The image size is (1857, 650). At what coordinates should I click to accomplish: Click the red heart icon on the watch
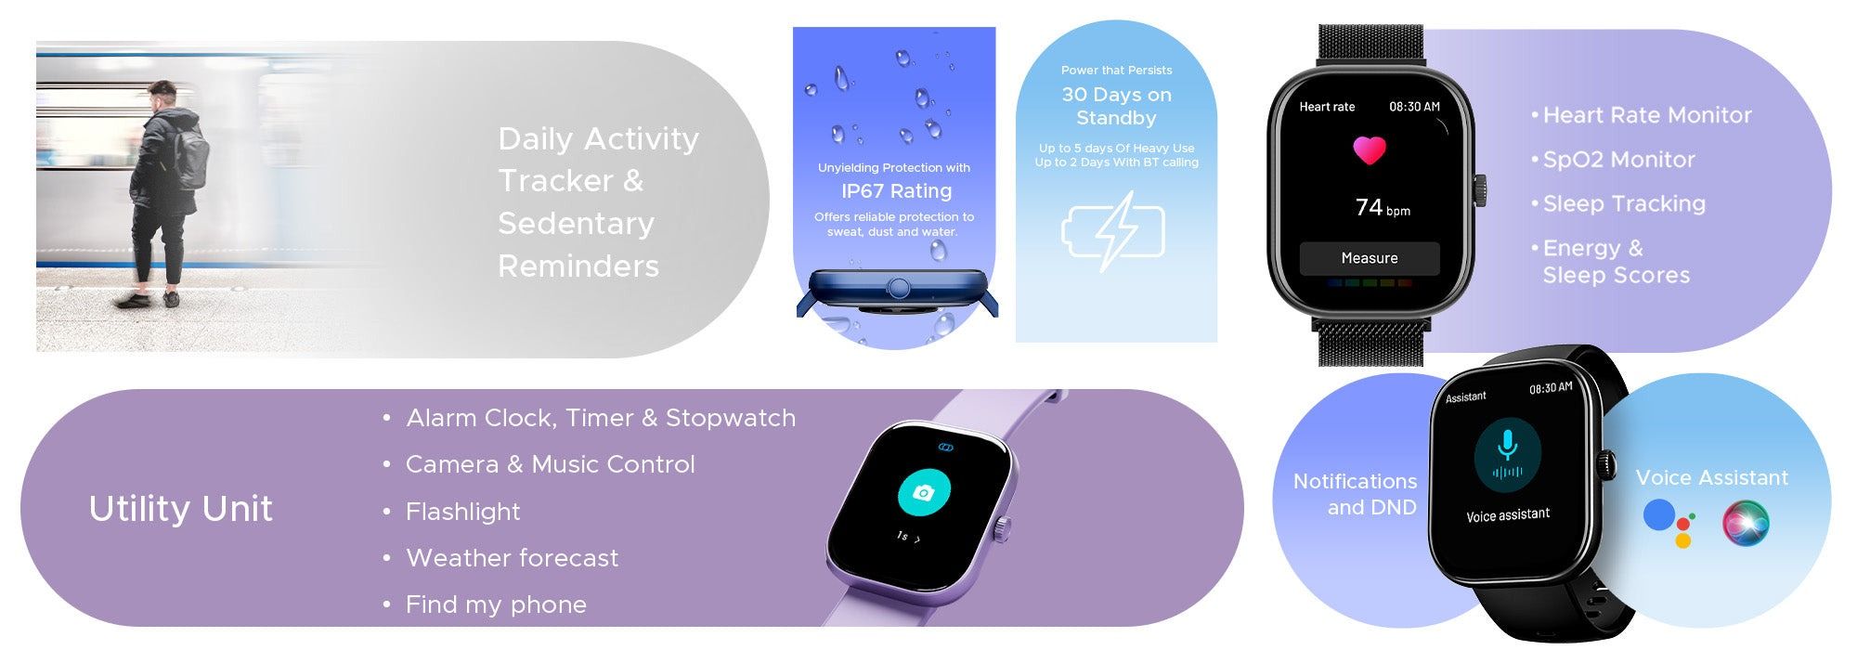pyautogui.click(x=1369, y=150)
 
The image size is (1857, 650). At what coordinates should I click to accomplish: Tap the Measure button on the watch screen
pyautogui.click(x=1370, y=258)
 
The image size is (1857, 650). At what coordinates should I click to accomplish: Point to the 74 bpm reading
pyautogui.click(x=1383, y=207)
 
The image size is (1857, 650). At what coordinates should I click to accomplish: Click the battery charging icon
pyautogui.click(x=1112, y=231)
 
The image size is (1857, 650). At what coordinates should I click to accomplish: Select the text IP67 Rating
pyautogui.click(x=896, y=191)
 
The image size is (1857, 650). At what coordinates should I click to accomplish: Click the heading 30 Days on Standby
pyautogui.click(x=1116, y=106)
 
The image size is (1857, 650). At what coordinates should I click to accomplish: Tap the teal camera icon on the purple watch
pyautogui.click(x=923, y=492)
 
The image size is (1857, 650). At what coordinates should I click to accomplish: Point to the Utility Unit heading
pyautogui.click(x=181, y=509)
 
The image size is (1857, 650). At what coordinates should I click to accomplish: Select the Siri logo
pyautogui.click(x=1746, y=523)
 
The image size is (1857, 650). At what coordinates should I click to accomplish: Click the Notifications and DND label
pyautogui.click(x=1355, y=494)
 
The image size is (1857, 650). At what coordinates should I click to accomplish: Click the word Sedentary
pyautogui.click(x=576, y=224)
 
